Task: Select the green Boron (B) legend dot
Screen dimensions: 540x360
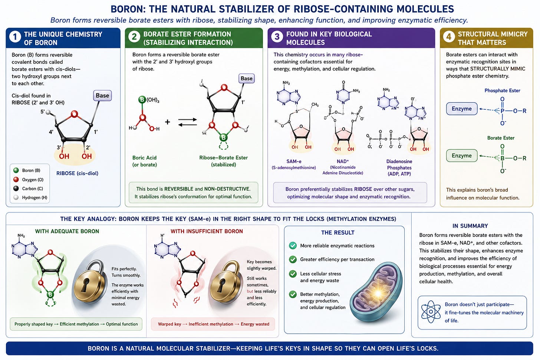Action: pyautogui.click(x=16, y=171)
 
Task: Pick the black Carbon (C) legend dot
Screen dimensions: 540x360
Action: pyautogui.click(x=16, y=188)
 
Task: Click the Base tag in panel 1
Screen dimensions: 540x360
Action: pyautogui.click(x=102, y=95)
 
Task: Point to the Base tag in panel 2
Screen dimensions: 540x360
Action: pyautogui.click(x=246, y=78)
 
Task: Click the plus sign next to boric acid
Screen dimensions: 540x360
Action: pyautogui.click(x=168, y=122)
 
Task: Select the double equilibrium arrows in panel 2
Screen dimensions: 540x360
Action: pyautogui.click(x=188, y=122)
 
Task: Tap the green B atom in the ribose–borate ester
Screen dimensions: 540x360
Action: pyautogui.click(x=224, y=138)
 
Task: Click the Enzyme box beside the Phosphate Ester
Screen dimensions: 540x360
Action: pyautogui.click(x=462, y=109)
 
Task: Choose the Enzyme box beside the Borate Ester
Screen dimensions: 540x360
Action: pyautogui.click(x=462, y=156)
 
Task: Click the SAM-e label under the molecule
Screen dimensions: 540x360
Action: pyautogui.click(x=294, y=161)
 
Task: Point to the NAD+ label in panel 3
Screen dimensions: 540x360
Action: pyautogui.click(x=343, y=161)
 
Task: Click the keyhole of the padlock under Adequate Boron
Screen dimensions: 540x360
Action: pyautogui.click(x=85, y=285)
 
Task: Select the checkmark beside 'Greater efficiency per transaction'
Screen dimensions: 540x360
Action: pyautogui.click(x=293, y=259)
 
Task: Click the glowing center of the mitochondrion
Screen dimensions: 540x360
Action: pyautogui.click(x=378, y=293)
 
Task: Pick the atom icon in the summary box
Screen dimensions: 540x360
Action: pyautogui.click(x=431, y=312)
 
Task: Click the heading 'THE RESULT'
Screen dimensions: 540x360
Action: pyautogui.click(x=338, y=232)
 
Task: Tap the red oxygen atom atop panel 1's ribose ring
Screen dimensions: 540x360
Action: pyautogui.click(x=75, y=114)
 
